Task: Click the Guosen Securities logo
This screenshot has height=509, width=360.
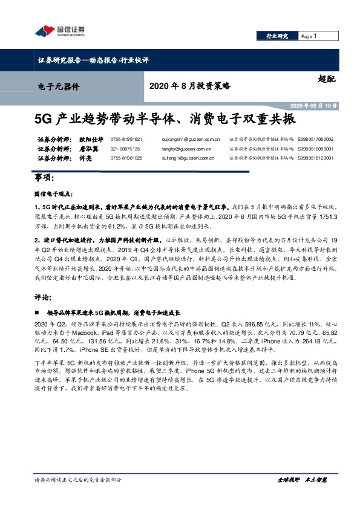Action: point(61,31)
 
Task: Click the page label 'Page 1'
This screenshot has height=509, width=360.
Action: point(309,36)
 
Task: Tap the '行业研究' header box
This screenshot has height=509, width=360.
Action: point(277,36)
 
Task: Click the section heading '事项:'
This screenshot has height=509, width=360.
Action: point(45,178)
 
